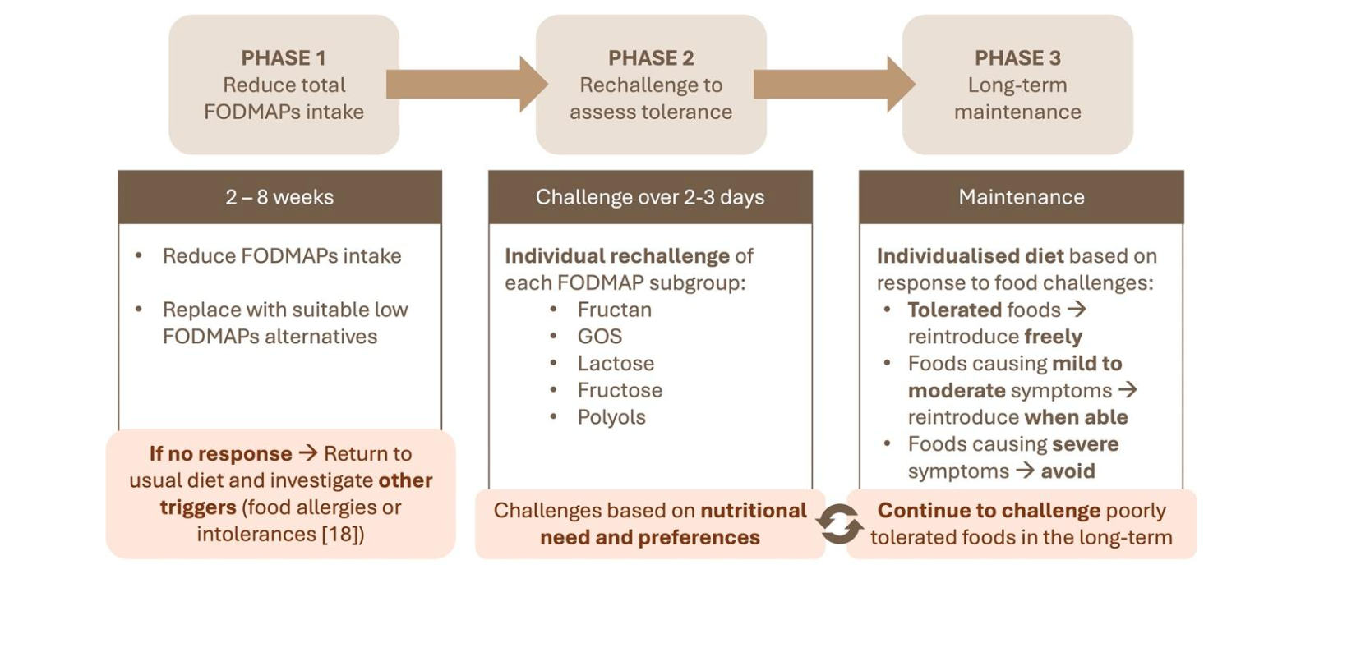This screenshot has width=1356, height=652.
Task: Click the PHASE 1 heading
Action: [x=284, y=58]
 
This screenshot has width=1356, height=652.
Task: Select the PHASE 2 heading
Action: [x=651, y=58]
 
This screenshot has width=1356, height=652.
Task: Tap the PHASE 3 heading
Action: [x=1017, y=58]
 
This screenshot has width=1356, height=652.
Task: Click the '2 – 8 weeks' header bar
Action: [x=279, y=197]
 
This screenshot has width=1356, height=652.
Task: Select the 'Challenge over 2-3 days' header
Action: [x=650, y=197]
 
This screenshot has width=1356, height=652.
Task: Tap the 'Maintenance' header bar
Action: [x=1021, y=197]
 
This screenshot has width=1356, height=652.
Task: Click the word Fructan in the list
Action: [x=614, y=310]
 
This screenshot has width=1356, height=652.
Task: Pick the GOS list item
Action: [x=599, y=337]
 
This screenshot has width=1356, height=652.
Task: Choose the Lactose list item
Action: [x=616, y=364]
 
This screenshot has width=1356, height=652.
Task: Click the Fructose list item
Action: [x=620, y=390]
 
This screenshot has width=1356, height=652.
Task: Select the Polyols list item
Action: [x=611, y=417]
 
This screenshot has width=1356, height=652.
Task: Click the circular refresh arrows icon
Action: [x=838, y=524]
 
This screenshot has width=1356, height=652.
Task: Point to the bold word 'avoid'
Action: [x=1068, y=471]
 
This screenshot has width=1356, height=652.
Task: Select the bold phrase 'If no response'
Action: [x=220, y=454]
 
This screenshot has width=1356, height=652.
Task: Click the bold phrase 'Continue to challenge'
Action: [x=988, y=511]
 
